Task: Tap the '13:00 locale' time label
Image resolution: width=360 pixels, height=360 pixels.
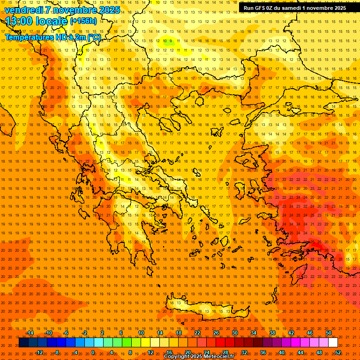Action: (37, 21)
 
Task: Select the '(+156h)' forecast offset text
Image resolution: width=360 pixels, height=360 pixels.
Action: (83, 21)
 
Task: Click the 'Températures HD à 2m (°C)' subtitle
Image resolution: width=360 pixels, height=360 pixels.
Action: (52, 37)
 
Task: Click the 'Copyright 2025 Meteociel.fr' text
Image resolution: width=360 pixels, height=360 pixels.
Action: (199, 357)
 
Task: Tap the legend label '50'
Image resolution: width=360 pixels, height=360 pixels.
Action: (329, 333)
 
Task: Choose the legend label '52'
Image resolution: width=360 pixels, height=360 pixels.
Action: (338, 352)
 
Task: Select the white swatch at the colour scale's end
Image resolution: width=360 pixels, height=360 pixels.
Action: (333, 343)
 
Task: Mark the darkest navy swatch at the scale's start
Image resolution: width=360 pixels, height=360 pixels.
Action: (24, 343)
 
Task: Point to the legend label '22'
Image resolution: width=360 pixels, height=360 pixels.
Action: (197, 333)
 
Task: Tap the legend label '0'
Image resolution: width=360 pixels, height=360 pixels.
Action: (93, 352)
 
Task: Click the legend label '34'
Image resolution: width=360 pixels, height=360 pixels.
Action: (254, 333)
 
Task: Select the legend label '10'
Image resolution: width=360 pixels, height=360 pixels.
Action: (141, 333)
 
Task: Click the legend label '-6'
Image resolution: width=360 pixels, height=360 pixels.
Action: (66, 333)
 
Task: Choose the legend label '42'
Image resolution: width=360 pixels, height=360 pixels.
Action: (291, 333)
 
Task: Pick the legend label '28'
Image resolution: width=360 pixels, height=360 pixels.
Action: (225, 352)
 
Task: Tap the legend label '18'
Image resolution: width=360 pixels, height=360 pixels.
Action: (179, 333)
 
